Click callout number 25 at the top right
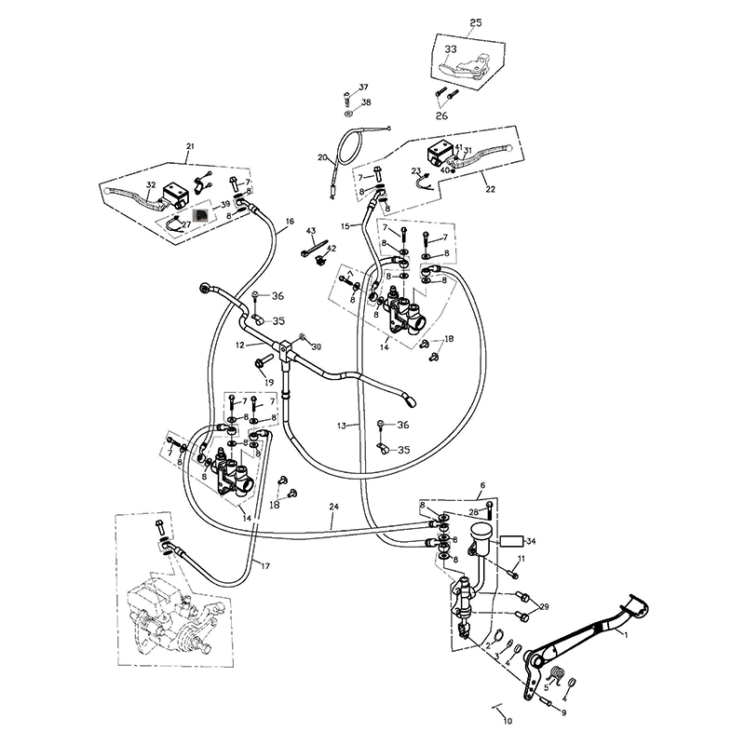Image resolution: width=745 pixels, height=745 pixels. point(476,21)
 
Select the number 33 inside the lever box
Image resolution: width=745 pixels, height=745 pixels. point(451,48)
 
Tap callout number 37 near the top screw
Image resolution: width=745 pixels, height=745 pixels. point(364,87)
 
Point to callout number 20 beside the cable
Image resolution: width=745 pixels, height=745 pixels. point(322,157)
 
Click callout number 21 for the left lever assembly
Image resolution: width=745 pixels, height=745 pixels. point(191,146)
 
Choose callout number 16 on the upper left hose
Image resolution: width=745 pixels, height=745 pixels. point(290,222)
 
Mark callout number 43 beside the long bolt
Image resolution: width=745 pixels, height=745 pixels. point(311,230)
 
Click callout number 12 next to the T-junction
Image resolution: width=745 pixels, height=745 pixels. point(239,345)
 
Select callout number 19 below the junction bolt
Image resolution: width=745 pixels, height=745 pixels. point(268,383)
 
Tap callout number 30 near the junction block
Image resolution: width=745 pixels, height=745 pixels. point(317,346)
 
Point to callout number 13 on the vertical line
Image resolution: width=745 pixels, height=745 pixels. point(343,425)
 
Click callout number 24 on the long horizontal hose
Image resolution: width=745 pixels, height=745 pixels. point(333,508)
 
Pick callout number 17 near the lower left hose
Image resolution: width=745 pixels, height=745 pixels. point(265,565)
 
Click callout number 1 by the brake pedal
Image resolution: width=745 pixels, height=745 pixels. point(626,634)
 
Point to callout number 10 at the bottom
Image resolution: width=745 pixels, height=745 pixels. point(508,721)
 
